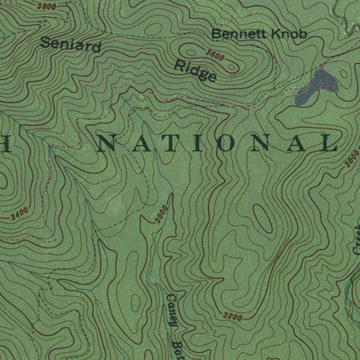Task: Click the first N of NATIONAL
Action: pyautogui.click(x=109, y=142)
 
